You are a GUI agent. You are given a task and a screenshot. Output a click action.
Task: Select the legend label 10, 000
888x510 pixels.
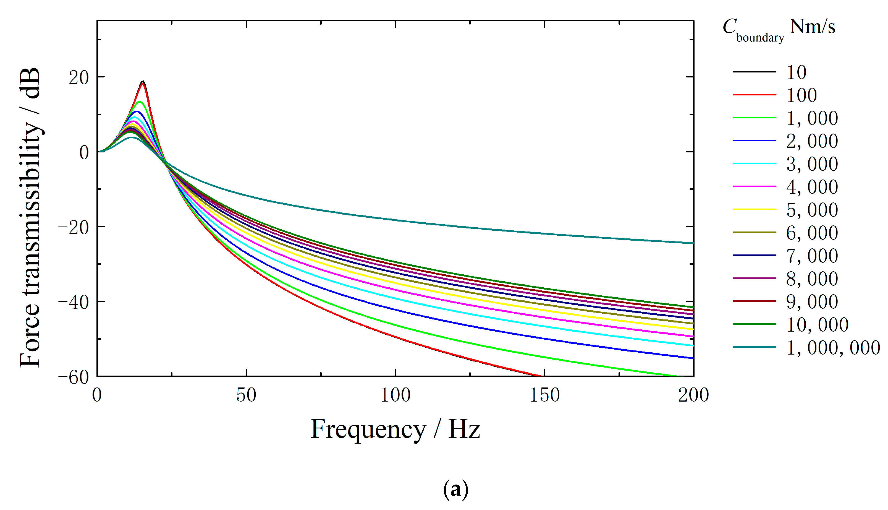click(x=817, y=324)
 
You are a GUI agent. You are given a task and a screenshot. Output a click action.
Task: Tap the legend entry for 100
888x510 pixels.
click(x=801, y=95)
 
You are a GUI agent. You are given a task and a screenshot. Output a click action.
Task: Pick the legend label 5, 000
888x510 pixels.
click(x=812, y=210)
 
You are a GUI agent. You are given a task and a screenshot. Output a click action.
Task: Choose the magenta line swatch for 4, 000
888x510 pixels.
click(x=754, y=187)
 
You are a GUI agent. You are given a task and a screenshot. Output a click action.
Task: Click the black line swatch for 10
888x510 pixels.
click(x=754, y=72)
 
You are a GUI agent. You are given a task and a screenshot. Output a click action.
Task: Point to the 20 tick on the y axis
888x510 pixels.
click(x=79, y=78)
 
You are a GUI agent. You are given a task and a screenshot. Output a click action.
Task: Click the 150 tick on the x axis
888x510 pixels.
click(x=545, y=395)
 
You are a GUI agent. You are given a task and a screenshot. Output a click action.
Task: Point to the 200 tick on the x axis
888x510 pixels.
click(x=693, y=395)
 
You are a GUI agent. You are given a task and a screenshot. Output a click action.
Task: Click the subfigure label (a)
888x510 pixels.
click(x=455, y=489)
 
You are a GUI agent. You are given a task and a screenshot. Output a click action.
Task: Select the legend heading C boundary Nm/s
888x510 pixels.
click(x=779, y=30)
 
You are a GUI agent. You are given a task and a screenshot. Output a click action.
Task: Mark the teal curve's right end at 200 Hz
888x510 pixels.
click(x=693, y=243)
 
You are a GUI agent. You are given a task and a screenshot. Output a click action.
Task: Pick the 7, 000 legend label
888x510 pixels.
click(x=812, y=256)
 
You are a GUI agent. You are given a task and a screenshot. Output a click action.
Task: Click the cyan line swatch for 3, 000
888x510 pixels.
click(x=754, y=163)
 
